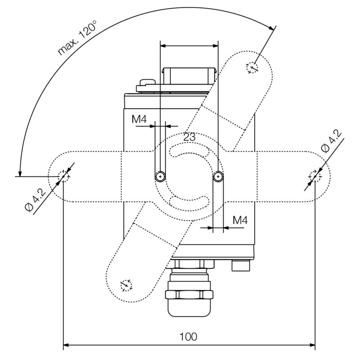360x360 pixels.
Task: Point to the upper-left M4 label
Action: [x=139, y=120]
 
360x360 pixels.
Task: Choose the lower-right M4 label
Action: [x=240, y=220]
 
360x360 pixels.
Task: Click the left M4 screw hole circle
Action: [x=160, y=176]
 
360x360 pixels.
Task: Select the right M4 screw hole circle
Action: [x=218, y=176]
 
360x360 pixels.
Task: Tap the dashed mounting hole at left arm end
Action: [x=63, y=176]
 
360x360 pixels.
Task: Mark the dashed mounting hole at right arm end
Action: [x=315, y=176]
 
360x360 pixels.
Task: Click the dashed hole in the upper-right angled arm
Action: [x=252, y=68]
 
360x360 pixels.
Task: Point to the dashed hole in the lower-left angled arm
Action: [x=126, y=284]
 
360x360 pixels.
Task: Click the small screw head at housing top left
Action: [x=146, y=82]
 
